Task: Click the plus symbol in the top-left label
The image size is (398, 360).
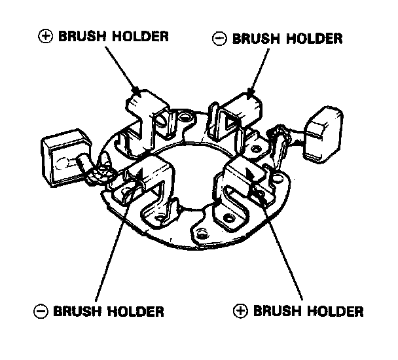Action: [x=45, y=36]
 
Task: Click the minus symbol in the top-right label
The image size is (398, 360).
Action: [x=221, y=39]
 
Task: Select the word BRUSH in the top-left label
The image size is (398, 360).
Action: [x=79, y=36]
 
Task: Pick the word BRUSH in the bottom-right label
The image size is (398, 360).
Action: [x=275, y=310]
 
